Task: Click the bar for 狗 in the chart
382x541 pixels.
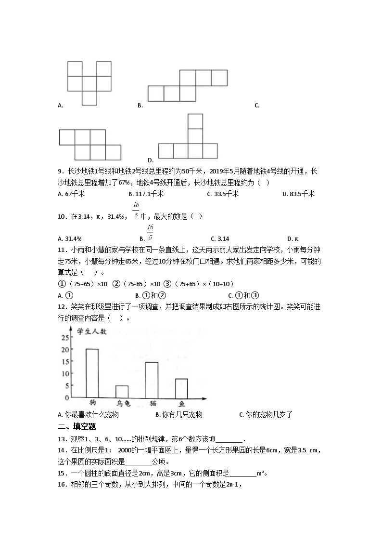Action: click(92, 373)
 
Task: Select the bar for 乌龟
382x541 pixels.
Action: click(122, 392)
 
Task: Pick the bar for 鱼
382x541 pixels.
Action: click(181, 388)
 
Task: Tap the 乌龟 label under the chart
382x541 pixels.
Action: click(123, 404)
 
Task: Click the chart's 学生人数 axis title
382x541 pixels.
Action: click(92, 330)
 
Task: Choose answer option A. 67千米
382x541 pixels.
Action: click(71, 194)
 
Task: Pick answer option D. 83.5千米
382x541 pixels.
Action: click(299, 194)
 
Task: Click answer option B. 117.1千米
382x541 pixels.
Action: click(146, 194)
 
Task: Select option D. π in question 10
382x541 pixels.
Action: click(293, 238)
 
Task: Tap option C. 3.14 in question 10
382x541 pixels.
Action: click(220, 238)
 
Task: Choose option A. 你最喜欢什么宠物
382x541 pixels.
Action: click(88, 414)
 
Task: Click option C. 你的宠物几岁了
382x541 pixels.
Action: click(266, 414)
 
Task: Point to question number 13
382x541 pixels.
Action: click(61, 438)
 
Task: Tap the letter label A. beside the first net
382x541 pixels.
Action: click(61, 106)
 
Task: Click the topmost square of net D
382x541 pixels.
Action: click(195, 121)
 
